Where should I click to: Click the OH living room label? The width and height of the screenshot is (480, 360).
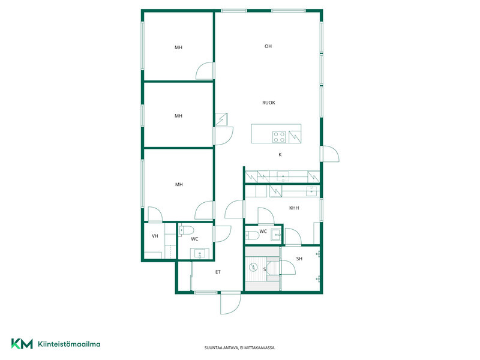point(268,46)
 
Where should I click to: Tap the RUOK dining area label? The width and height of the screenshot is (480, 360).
point(269,103)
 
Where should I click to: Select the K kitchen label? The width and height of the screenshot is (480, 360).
point(280,155)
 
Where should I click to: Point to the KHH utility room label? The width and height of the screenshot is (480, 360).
point(294,208)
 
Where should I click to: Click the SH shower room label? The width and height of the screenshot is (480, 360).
point(299,259)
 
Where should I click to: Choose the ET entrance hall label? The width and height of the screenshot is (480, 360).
point(218,272)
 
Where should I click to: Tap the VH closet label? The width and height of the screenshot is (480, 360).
point(155,236)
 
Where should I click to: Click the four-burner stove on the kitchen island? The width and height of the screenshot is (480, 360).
point(279,137)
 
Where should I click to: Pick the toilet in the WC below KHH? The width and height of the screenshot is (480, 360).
point(252,235)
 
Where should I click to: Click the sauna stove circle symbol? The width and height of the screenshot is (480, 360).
point(253,268)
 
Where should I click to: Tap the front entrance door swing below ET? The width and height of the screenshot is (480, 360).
point(231,303)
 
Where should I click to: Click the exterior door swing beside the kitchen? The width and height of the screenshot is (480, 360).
point(330,154)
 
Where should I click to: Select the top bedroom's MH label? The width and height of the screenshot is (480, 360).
point(178,47)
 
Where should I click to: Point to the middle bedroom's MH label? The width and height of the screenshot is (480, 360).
point(178,116)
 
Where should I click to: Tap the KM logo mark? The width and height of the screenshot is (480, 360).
point(22,343)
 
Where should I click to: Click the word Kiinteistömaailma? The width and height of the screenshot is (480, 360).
point(69,344)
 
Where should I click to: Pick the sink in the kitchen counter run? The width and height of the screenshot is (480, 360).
point(283,176)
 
